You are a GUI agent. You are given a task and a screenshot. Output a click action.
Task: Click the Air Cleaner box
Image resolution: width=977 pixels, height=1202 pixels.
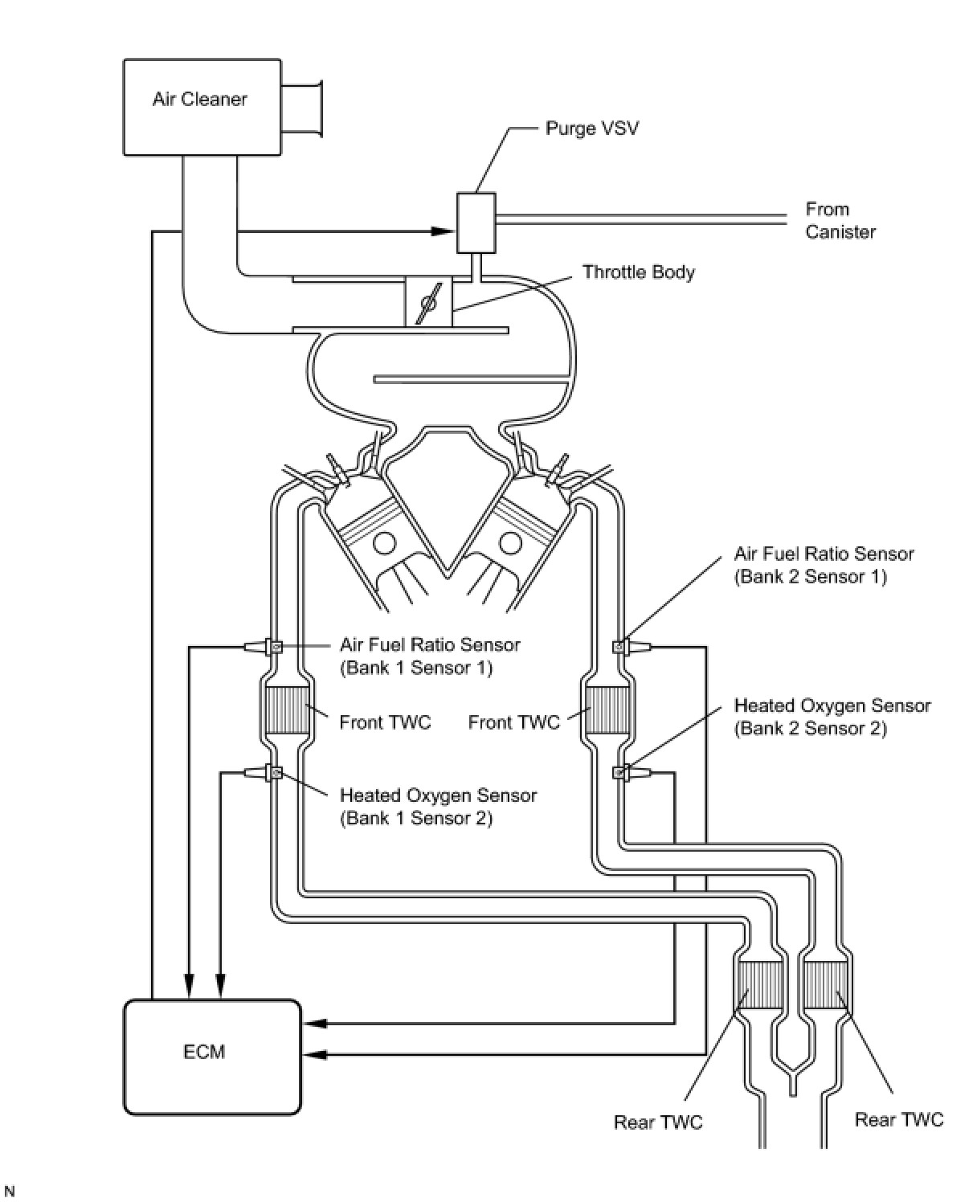click(x=202, y=106)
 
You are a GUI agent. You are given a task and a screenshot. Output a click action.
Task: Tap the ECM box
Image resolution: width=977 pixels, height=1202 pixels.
click(x=212, y=1057)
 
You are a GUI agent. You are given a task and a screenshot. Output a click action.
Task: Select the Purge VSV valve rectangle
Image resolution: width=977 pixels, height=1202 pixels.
click(x=476, y=223)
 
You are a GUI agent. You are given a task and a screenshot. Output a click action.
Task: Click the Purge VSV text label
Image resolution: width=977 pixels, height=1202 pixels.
click(x=592, y=128)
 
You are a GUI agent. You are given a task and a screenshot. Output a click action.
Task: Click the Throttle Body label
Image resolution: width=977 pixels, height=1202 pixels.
click(x=638, y=272)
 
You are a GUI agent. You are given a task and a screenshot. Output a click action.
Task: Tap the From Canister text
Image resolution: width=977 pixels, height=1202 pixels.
click(x=840, y=220)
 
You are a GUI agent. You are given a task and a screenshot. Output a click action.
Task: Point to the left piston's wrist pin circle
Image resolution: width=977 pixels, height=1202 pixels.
click(x=384, y=544)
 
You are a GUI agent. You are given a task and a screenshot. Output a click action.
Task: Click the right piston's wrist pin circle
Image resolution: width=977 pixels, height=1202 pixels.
click(x=509, y=544)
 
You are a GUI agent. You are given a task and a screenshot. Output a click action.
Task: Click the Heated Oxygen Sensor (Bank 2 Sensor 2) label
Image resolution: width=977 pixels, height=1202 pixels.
click(x=832, y=717)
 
